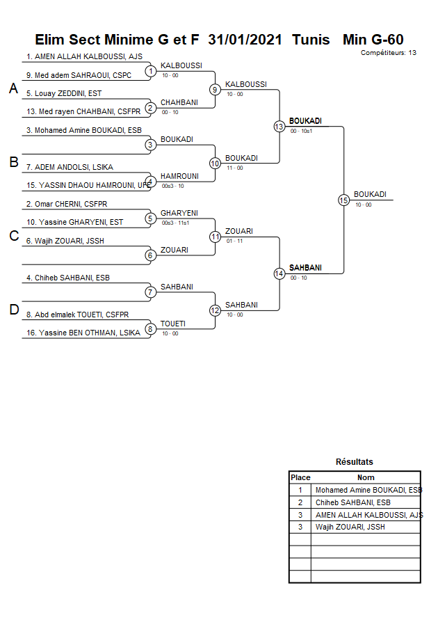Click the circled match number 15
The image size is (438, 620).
pyautogui.click(x=343, y=200)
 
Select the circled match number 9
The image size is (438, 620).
pyautogui.click(x=215, y=90)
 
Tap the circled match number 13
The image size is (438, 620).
pyautogui.click(x=279, y=127)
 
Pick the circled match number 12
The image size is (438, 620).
pyautogui.click(x=215, y=311)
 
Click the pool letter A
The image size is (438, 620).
pyautogui.click(x=13, y=88)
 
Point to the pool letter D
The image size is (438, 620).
pyautogui.click(x=14, y=310)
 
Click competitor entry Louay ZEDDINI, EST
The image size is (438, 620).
pyautogui.click(x=64, y=94)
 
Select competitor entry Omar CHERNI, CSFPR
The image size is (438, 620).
pyautogui.click(x=67, y=205)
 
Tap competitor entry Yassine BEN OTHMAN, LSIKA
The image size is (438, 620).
pyautogui.click(x=83, y=333)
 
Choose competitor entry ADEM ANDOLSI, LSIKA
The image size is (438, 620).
pyautogui.click(x=70, y=167)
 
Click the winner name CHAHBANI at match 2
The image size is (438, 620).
pyautogui.click(x=179, y=102)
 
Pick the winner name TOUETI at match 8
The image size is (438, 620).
pyautogui.click(x=173, y=324)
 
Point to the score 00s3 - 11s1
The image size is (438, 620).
pyautogui.click(x=175, y=223)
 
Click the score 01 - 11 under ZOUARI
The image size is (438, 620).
pyautogui.click(x=234, y=241)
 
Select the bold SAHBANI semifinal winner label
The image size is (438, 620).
pyautogui.click(x=305, y=268)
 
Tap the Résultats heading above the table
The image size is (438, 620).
pyautogui.click(x=355, y=462)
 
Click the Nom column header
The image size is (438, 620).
pyautogui.click(x=366, y=477)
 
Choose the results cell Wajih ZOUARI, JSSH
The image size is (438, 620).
pyautogui.click(x=350, y=527)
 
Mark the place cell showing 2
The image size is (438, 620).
pyautogui.click(x=300, y=502)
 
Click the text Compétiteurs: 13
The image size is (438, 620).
pyautogui.click(x=388, y=53)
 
